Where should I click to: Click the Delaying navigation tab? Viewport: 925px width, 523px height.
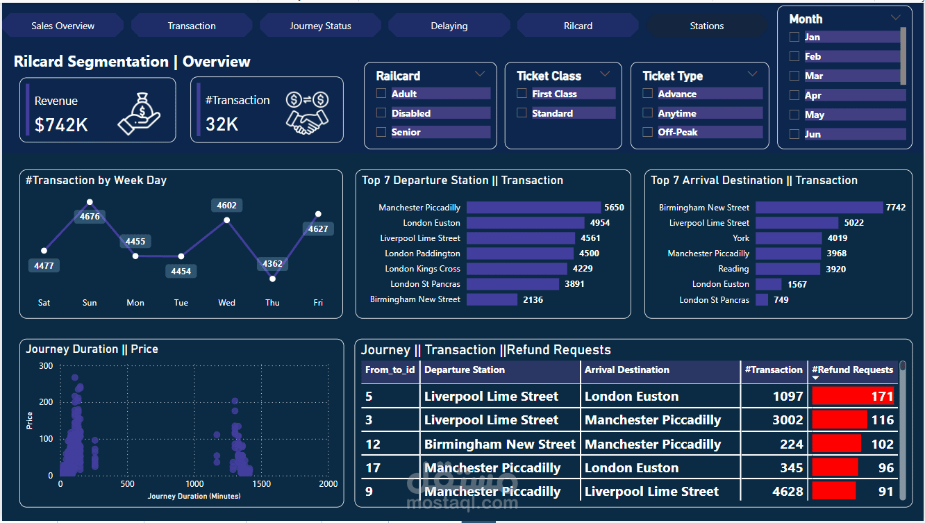(x=449, y=26)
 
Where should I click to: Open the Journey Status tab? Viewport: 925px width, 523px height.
(x=320, y=26)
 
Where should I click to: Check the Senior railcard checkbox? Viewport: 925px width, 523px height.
(x=381, y=132)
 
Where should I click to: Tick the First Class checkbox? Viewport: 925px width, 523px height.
(x=522, y=94)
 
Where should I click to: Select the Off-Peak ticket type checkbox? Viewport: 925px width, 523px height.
(x=648, y=132)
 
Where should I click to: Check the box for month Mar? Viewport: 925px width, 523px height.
(x=794, y=76)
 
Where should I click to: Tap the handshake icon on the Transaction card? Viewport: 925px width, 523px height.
(x=306, y=113)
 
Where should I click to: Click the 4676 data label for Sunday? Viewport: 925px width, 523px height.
(x=90, y=217)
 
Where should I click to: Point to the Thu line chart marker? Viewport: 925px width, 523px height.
(x=272, y=279)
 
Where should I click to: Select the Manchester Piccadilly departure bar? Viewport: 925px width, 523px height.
(x=533, y=208)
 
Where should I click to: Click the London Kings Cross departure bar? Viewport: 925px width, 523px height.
(x=517, y=269)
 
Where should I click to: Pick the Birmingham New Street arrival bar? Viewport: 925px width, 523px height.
(x=819, y=208)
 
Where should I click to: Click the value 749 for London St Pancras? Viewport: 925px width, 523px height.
(x=781, y=300)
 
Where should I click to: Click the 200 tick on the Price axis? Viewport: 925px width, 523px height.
(x=46, y=402)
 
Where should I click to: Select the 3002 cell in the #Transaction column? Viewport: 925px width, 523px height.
(x=787, y=420)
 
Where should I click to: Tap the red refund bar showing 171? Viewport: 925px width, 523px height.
(x=853, y=397)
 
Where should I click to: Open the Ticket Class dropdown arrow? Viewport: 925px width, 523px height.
(x=605, y=74)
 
